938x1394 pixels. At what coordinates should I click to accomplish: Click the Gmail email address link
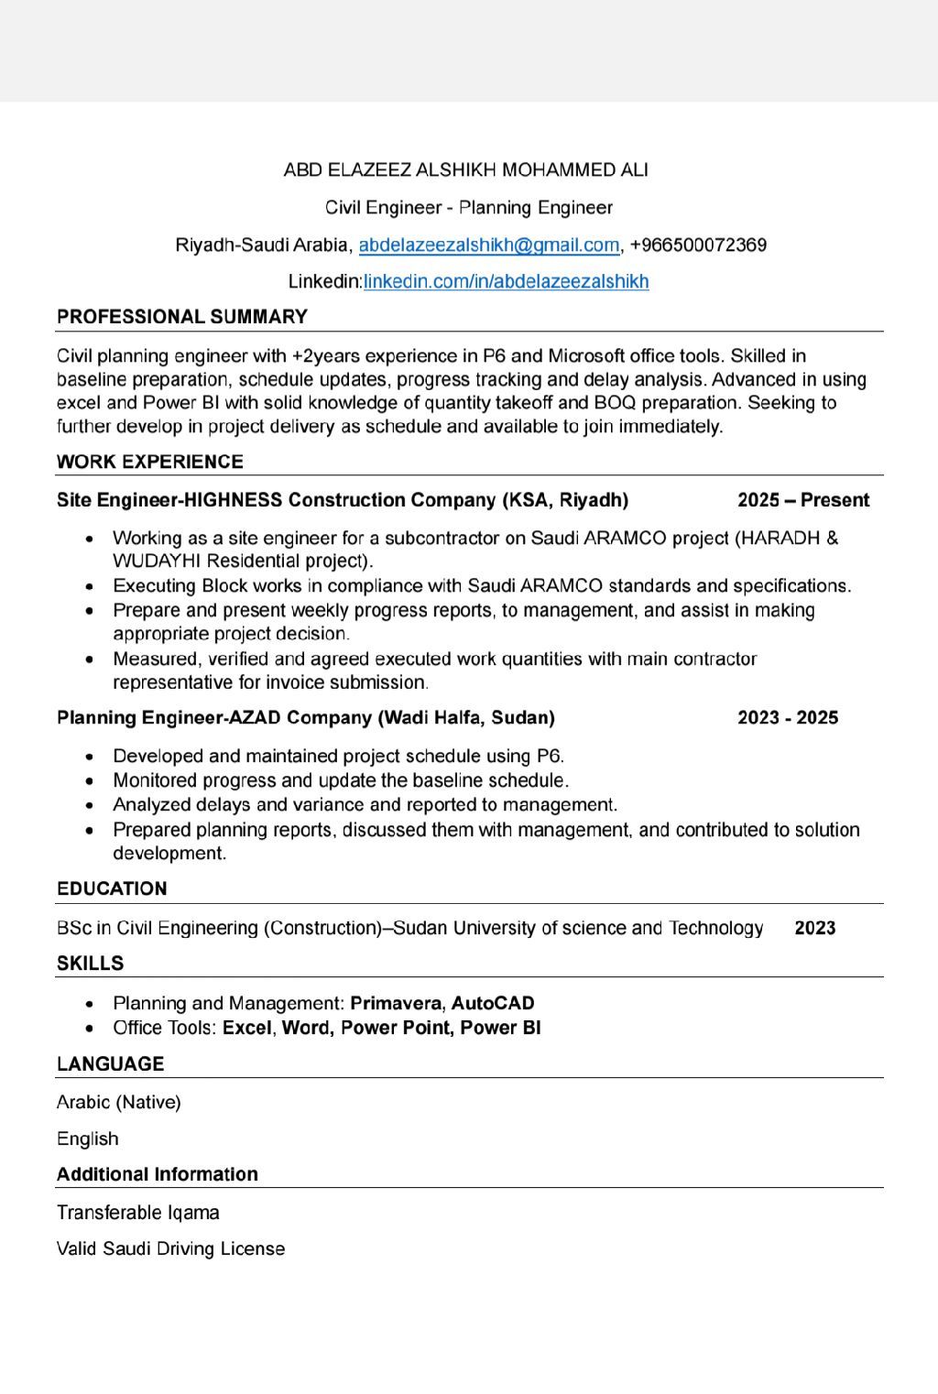tap(488, 245)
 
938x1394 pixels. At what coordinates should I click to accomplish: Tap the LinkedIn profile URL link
tap(506, 282)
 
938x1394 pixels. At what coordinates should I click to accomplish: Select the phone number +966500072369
tap(698, 245)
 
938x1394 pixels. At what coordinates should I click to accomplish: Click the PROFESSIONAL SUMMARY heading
tap(182, 317)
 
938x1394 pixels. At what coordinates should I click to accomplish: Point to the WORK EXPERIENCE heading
tap(150, 462)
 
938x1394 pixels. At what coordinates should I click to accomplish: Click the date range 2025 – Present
tap(802, 500)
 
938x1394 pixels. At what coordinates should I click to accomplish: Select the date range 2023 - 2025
tap(788, 718)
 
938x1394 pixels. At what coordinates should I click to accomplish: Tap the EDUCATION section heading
tap(112, 889)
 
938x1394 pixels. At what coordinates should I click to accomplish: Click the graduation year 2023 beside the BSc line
tap(815, 929)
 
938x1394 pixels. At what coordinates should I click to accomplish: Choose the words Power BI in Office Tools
tap(500, 1029)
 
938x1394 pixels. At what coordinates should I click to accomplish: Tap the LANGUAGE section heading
tap(110, 1064)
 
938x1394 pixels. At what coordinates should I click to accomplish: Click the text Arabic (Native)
tap(119, 1103)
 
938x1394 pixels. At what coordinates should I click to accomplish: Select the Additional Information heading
tap(158, 1175)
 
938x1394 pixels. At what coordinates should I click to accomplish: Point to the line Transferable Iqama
tap(138, 1214)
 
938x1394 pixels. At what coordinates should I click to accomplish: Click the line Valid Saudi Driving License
tap(171, 1249)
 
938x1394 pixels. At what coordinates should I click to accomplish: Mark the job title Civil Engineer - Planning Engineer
tap(469, 208)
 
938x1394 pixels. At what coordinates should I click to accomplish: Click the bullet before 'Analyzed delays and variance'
tap(89, 806)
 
